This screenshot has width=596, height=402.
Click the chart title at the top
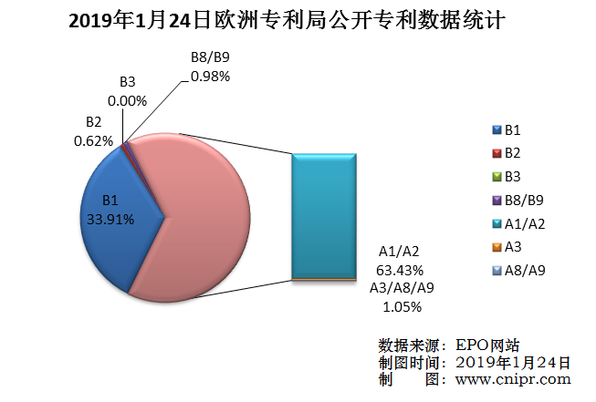298,20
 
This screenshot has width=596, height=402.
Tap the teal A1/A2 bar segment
324,214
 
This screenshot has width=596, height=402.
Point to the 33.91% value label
110,219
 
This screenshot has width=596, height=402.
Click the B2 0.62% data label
93,132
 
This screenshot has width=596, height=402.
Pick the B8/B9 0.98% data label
210,67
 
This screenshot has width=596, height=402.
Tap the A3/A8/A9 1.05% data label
402,297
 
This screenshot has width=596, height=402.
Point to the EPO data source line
449,345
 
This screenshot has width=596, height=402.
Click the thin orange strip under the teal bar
324,278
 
